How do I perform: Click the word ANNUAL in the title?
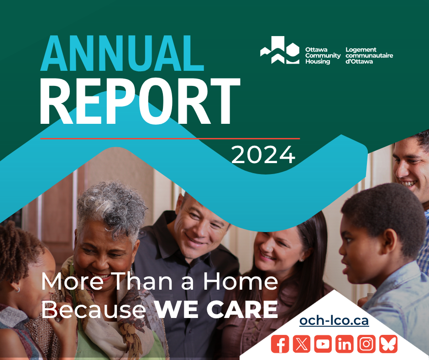point(122,53)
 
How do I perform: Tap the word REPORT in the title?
point(140,101)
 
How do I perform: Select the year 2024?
point(263,154)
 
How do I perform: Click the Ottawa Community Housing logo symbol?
point(280,50)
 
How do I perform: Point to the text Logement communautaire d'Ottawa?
point(369,56)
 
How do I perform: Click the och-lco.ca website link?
point(334,321)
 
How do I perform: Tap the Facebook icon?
point(280,344)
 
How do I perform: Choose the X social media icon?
point(302,344)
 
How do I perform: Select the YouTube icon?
point(323,344)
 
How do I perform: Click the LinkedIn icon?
point(345,344)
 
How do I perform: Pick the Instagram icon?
point(366,344)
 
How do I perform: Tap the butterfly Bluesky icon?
point(388,344)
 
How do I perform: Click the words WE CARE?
point(216,309)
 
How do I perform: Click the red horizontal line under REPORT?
point(170,138)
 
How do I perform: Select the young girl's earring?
point(18,289)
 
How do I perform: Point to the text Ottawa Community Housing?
point(323,56)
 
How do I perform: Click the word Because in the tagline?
point(94,310)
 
